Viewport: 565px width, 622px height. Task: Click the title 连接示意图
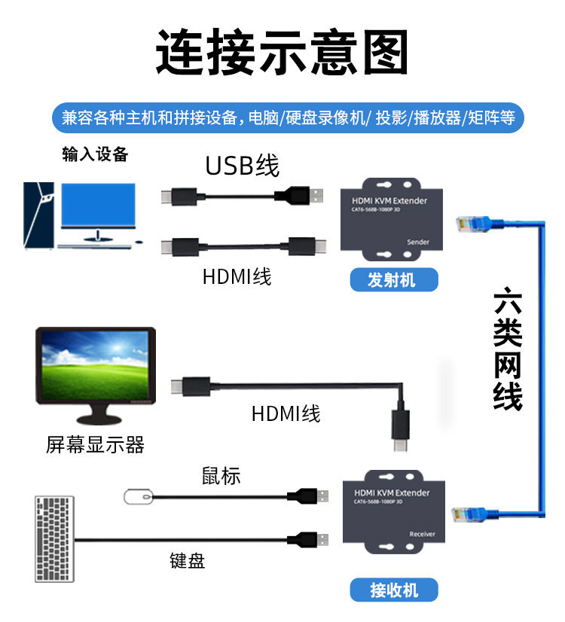[x=282, y=51]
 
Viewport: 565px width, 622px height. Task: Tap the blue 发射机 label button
[x=394, y=279]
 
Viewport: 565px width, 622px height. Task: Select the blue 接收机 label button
[x=394, y=590]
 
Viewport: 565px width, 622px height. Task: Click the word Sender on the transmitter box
[x=418, y=242]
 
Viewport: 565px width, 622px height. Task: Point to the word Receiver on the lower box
[x=422, y=534]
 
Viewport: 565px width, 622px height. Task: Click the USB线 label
[x=243, y=166]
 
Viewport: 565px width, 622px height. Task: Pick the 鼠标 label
[x=221, y=475]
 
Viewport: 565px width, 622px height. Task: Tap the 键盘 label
[x=188, y=560]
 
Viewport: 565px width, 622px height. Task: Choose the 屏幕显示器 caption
[x=95, y=444]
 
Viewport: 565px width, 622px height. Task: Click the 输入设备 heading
[x=95, y=154]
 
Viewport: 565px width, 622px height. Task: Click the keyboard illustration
[x=54, y=539]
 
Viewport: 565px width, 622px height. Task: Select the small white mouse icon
[x=138, y=497]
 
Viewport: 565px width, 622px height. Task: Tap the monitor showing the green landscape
[x=96, y=375]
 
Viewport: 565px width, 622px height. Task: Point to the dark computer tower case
[x=38, y=215]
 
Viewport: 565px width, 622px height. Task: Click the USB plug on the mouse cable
[x=307, y=496]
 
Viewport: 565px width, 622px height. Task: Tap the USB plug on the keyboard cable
[x=307, y=540]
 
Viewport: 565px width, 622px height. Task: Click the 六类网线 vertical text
[x=508, y=349]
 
